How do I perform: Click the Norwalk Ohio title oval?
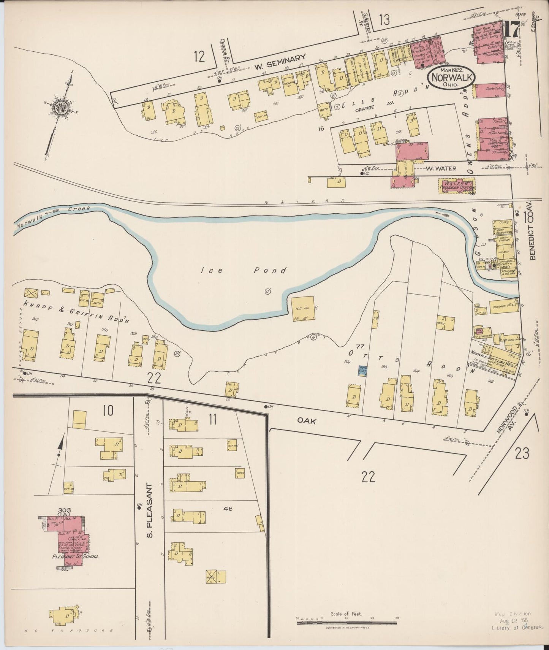pyautogui.click(x=451, y=78)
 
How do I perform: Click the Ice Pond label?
pyautogui.click(x=244, y=271)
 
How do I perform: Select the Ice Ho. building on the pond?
pyautogui.click(x=303, y=308)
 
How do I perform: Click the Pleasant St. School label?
pyautogui.click(x=75, y=556)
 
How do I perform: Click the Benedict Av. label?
pyautogui.click(x=531, y=236)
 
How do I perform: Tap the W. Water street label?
pyautogui.click(x=440, y=168)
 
